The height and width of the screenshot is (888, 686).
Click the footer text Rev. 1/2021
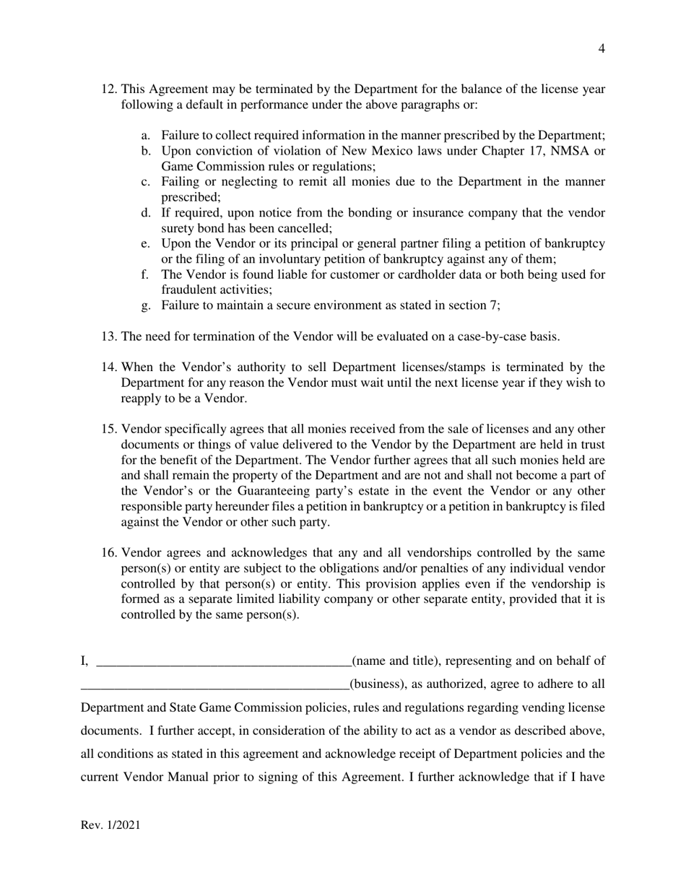[110, 825]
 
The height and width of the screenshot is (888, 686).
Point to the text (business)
[376, 684]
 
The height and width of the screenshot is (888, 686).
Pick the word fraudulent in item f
[189, 290]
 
